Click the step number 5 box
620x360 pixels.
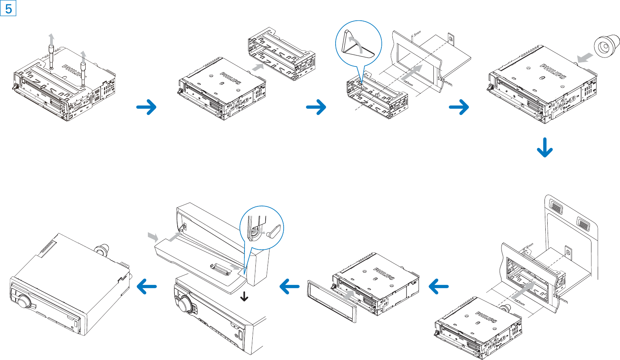tap(8, 8)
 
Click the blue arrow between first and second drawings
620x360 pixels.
tap(146, 107)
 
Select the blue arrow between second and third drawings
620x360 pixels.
tap(316, 107)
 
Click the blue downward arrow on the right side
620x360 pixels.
tap(545, 147)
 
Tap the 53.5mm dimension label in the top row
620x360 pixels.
tap(445, 82)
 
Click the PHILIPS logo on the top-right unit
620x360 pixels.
tap(553, 71)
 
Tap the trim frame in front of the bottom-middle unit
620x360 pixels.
tap(332, 301)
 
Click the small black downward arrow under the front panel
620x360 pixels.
tap(244, 297)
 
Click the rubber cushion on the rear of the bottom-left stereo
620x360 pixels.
tap(102, 249)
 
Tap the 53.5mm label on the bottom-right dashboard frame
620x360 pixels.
tap(560, 299)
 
